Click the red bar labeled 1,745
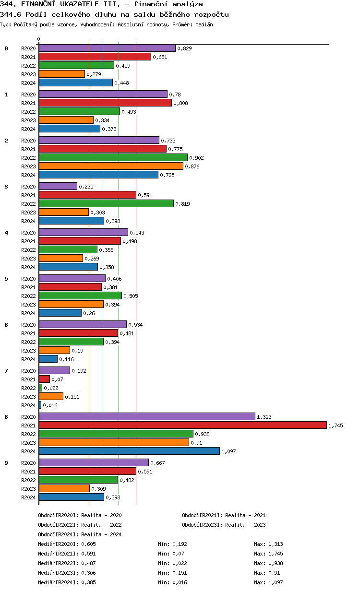[x=182, y=425]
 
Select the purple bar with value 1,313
[x=147, y=416]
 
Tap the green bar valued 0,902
[x=113, y=157]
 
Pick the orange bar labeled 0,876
[x=111, y=166]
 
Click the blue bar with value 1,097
[x=129, y=451]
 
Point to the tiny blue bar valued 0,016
[x=40, y=405]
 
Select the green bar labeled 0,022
[x=40, y=388]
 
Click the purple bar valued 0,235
[x=58, y=186]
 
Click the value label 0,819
[x=182, y=204]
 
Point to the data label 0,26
[x=89, y=313]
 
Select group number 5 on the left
[x=6, y=279]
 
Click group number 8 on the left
[x=6, y=417]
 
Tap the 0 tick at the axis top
[x=39, y=39]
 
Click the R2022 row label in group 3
[x=28, y=204]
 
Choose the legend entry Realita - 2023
[x=245, y=525]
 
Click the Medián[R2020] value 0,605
[x=88, y=544]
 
